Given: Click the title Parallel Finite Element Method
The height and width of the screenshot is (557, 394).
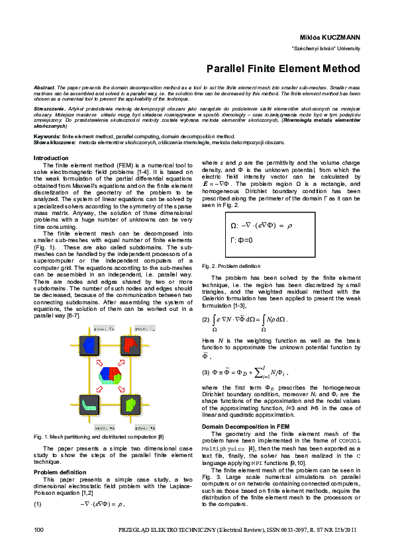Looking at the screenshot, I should click(x=283, y=68).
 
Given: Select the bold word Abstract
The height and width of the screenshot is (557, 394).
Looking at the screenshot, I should click(x=44, y=88).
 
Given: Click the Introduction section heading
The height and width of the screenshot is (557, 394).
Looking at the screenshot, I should click(x=50, y=158).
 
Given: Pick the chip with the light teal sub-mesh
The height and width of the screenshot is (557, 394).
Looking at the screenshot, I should click(x=87, y=403).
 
